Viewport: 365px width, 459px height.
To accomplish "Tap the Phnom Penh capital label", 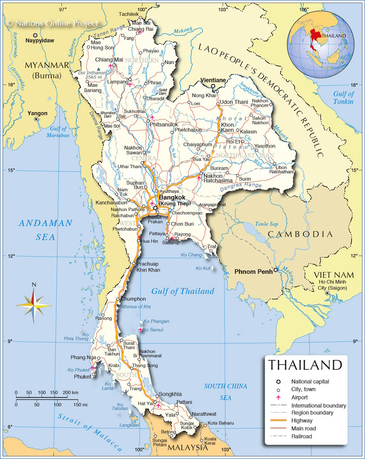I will pos(253,271).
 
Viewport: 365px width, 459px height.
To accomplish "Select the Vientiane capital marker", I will pos(213,86).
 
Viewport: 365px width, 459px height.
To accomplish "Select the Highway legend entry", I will pos(301,421).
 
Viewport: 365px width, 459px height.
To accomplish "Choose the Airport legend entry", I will pos(301,397).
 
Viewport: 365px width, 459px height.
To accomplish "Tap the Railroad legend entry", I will pos(302,436).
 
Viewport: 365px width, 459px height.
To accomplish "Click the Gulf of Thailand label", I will pos(182,291).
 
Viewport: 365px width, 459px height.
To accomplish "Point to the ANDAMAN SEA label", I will pos(45,230).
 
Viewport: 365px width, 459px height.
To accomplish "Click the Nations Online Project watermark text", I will pos(53,23).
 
